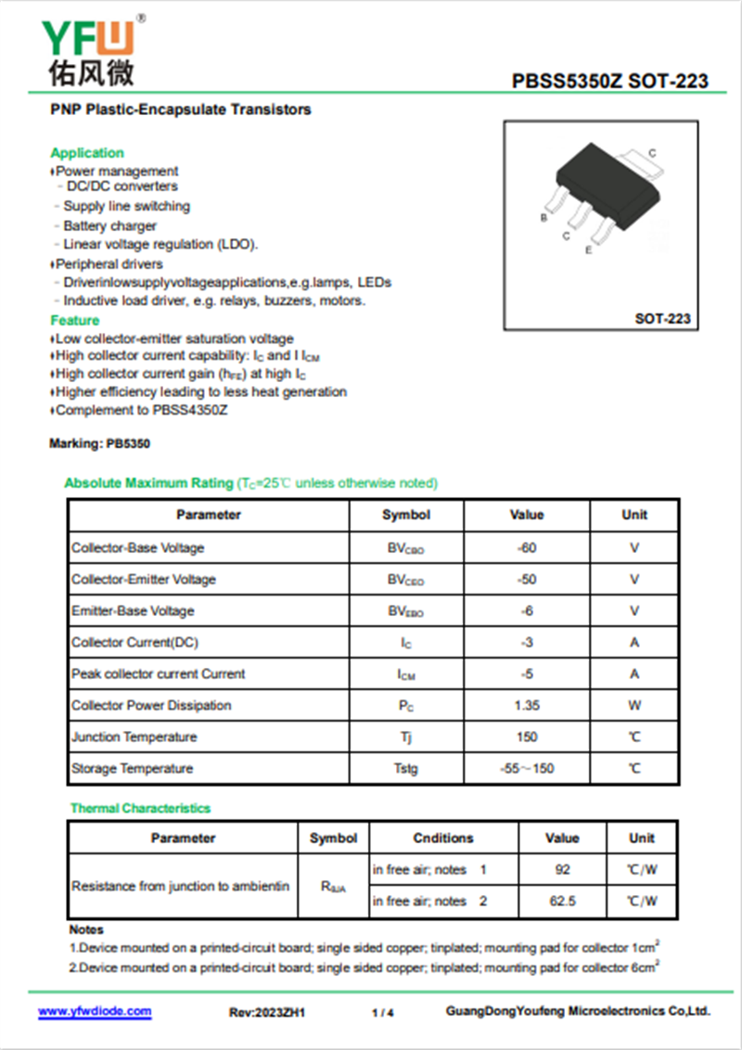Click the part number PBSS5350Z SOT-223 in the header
coord(609,82)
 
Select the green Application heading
coord(87,153)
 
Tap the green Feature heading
coord(75,321)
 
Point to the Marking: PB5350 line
coord(99,444)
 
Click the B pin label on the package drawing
coord(544,218)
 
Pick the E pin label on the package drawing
coord(588,250)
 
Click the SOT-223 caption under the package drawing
coord(662,319)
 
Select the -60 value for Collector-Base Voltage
coord(527,548)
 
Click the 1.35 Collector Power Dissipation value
coord(527,706)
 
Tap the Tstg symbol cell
coord(406,769)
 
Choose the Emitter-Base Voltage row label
coord(133,611)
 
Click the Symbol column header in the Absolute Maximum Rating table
coord(406,515)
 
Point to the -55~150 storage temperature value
coord(527,769)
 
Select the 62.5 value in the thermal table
coord(562,902)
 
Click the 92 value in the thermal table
coord(562,870)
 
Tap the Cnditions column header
coord(443,839)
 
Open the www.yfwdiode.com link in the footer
coord(95,1012)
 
